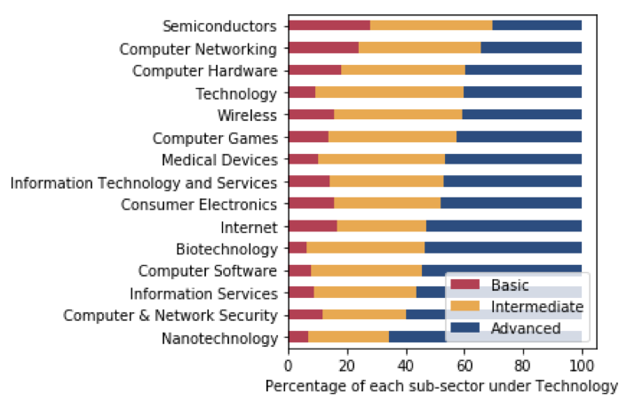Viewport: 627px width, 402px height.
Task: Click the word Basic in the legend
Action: point(510,285)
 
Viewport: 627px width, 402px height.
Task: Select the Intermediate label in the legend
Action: point(536,307)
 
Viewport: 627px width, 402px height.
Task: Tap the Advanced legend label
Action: point(526,328)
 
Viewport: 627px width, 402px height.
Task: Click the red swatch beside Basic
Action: point(464,285)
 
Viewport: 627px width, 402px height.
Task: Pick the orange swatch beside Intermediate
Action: point(464,307)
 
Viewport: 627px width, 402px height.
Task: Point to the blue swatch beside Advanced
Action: point(464,328)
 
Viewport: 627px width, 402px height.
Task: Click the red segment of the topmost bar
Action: point(329,26)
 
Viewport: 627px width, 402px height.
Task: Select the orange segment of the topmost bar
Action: point(431,26)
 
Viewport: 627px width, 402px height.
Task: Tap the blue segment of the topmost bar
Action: point(536,26)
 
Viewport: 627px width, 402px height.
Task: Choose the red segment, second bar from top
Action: point(323,48)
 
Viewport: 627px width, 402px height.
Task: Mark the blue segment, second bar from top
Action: point(531,48)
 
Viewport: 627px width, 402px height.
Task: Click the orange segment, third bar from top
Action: point(403,70)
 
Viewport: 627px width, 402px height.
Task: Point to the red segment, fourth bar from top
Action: point(302,92)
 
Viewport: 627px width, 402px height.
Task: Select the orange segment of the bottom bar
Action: point(348,336)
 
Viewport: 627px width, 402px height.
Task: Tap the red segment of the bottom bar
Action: point(298,336)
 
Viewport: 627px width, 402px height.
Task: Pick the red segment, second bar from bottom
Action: point(306,314)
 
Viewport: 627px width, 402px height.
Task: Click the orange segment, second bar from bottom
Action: point(364,314)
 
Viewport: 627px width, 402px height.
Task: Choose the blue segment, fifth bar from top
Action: point(521,115)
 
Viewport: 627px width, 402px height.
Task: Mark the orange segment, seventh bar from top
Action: point(381,159)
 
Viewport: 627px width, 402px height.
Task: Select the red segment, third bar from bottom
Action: point(301,292)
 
